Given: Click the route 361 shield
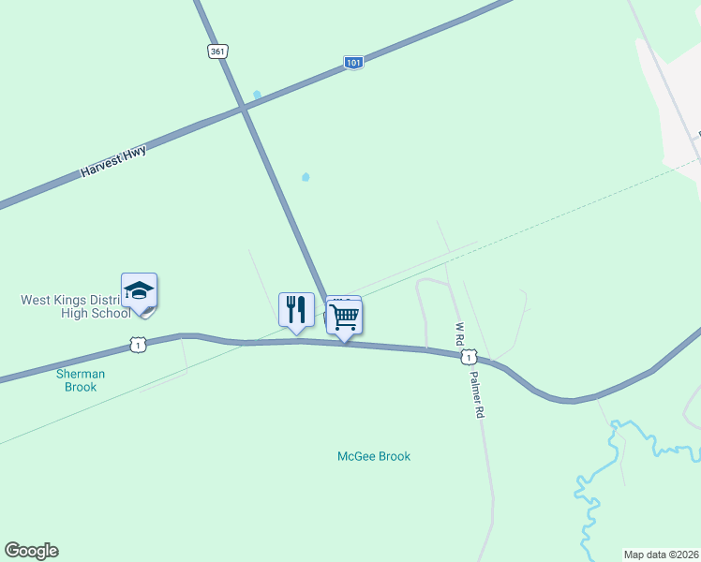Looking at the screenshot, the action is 218,52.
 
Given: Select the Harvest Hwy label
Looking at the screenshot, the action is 113,160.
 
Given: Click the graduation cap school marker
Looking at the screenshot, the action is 139,291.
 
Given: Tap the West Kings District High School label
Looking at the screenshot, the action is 76,306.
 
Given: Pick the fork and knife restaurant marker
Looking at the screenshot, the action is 296,309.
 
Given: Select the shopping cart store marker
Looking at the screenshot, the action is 345,318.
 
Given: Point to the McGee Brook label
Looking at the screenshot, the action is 374,457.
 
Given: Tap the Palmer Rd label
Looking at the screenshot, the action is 477,398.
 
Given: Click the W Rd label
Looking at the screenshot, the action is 459,335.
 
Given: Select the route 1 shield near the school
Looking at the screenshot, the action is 138,346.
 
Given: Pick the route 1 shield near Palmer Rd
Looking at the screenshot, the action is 468,357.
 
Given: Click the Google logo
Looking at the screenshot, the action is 31,551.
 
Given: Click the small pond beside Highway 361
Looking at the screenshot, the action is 256,95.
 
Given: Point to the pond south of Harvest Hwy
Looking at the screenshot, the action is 305,176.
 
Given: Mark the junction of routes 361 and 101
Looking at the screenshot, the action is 243,110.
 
